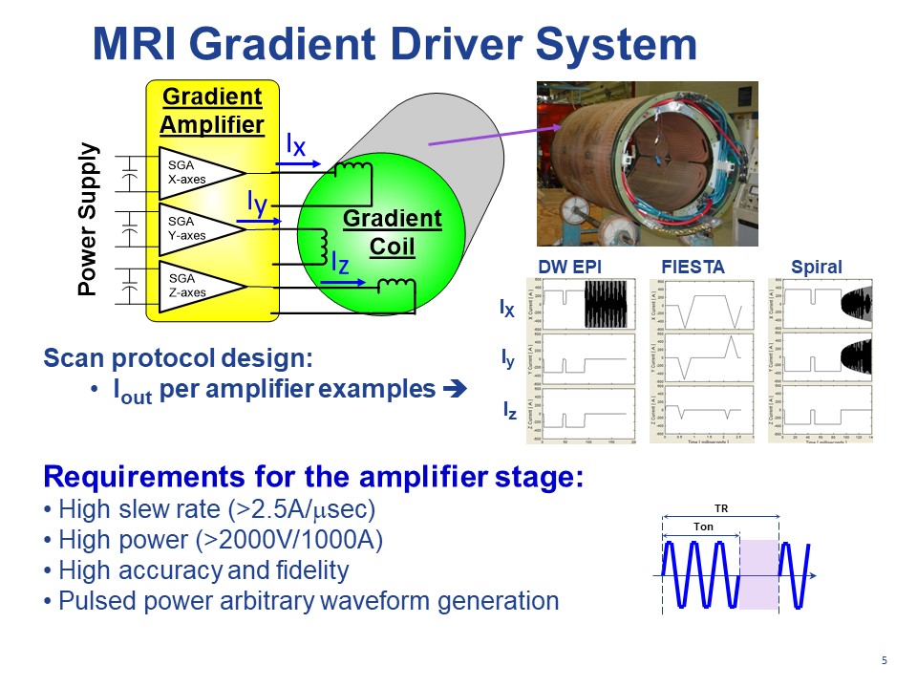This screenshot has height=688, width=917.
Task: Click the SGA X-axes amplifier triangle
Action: click(x=196, y=172)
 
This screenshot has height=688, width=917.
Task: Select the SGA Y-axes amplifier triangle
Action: click(x=196, y=228)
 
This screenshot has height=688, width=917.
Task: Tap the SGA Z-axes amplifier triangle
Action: click(x=196, y=286)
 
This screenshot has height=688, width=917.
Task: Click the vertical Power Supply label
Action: click(x=88, y=219)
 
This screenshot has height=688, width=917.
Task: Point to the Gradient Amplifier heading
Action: click(x=211, y=111)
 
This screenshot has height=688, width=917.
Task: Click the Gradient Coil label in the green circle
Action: click(x=393, y=232)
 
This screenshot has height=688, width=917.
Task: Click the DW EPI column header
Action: click(x=570, y=268)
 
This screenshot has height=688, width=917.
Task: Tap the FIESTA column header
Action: click(x=693, y=268)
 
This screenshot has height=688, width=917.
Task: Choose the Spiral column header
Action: click(x=816, y=268)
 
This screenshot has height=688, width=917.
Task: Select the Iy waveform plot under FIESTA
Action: click(x=701, y=358)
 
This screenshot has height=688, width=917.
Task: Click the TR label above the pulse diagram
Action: click(x=721, y=509)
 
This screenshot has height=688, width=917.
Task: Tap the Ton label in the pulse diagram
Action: click(x=700, y=527)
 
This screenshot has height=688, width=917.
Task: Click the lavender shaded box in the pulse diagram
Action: click(x=759, y=573)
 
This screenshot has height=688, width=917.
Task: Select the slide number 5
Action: click(x=884, y=661)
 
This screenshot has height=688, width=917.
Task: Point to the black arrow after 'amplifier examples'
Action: click(x=453, y=391)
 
